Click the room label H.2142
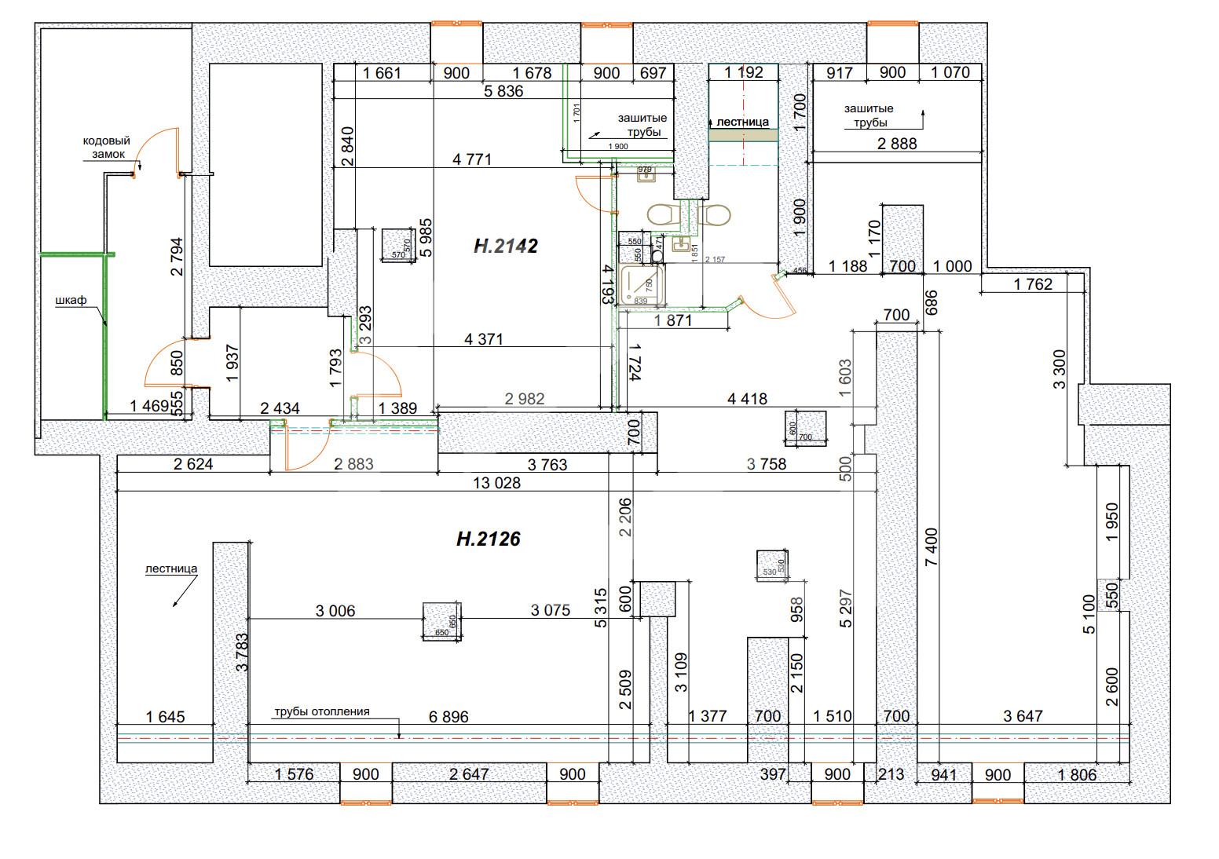[505, 246]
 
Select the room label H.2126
[488, 539]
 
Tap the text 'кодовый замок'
[106, 148]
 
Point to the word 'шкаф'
[71, 301]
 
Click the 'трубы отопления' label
[321, 712]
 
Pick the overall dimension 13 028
[497, 483]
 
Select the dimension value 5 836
[503, 91]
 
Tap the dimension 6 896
[448, 716]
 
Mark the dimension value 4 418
[747, 399]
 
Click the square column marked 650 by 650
[441, 621]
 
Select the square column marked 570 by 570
[397, 246]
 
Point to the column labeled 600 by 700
[804, 429]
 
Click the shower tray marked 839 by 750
[642, 285]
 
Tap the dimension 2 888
[896, 144]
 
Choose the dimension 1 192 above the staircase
[743, 73]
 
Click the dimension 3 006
[335, 610]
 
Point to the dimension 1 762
[1032, 284]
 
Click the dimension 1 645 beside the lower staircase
[165, 716]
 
